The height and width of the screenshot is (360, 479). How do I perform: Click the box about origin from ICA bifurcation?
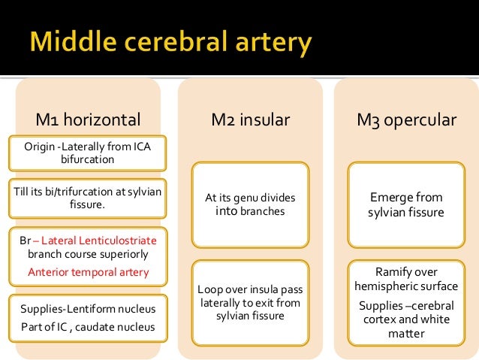click(x=88, y=153)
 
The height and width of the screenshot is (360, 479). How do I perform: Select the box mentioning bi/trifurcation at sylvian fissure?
click(x=88, y=196)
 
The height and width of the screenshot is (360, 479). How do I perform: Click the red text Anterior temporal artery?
click(x=88, y=273)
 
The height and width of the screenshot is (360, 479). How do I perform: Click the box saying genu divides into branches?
click(x=250, y=204)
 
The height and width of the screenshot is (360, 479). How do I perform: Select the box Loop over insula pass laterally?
click(x=250, y=302)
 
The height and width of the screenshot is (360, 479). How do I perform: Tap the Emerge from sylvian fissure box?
click(x=405, y=204)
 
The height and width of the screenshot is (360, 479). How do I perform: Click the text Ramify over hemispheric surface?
click(x=405, y=279)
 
